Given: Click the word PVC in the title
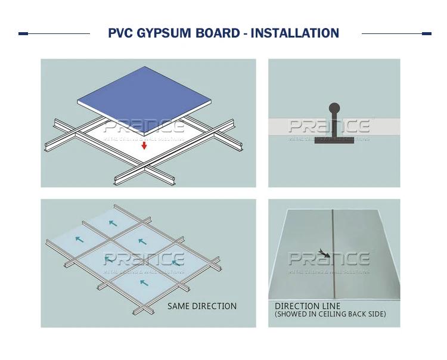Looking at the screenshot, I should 122,33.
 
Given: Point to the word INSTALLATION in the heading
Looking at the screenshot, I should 295,33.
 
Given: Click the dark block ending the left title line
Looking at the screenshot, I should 23,33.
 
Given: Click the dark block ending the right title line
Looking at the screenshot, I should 426,33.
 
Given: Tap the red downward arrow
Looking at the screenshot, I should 144,145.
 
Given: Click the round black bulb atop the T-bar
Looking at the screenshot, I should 334,108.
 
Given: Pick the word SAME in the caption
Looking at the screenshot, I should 179,306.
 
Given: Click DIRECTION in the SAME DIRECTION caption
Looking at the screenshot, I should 216,306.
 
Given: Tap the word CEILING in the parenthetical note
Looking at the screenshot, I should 331,314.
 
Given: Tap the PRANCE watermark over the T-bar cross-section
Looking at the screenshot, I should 329,126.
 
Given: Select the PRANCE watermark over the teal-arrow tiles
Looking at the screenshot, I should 144,259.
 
